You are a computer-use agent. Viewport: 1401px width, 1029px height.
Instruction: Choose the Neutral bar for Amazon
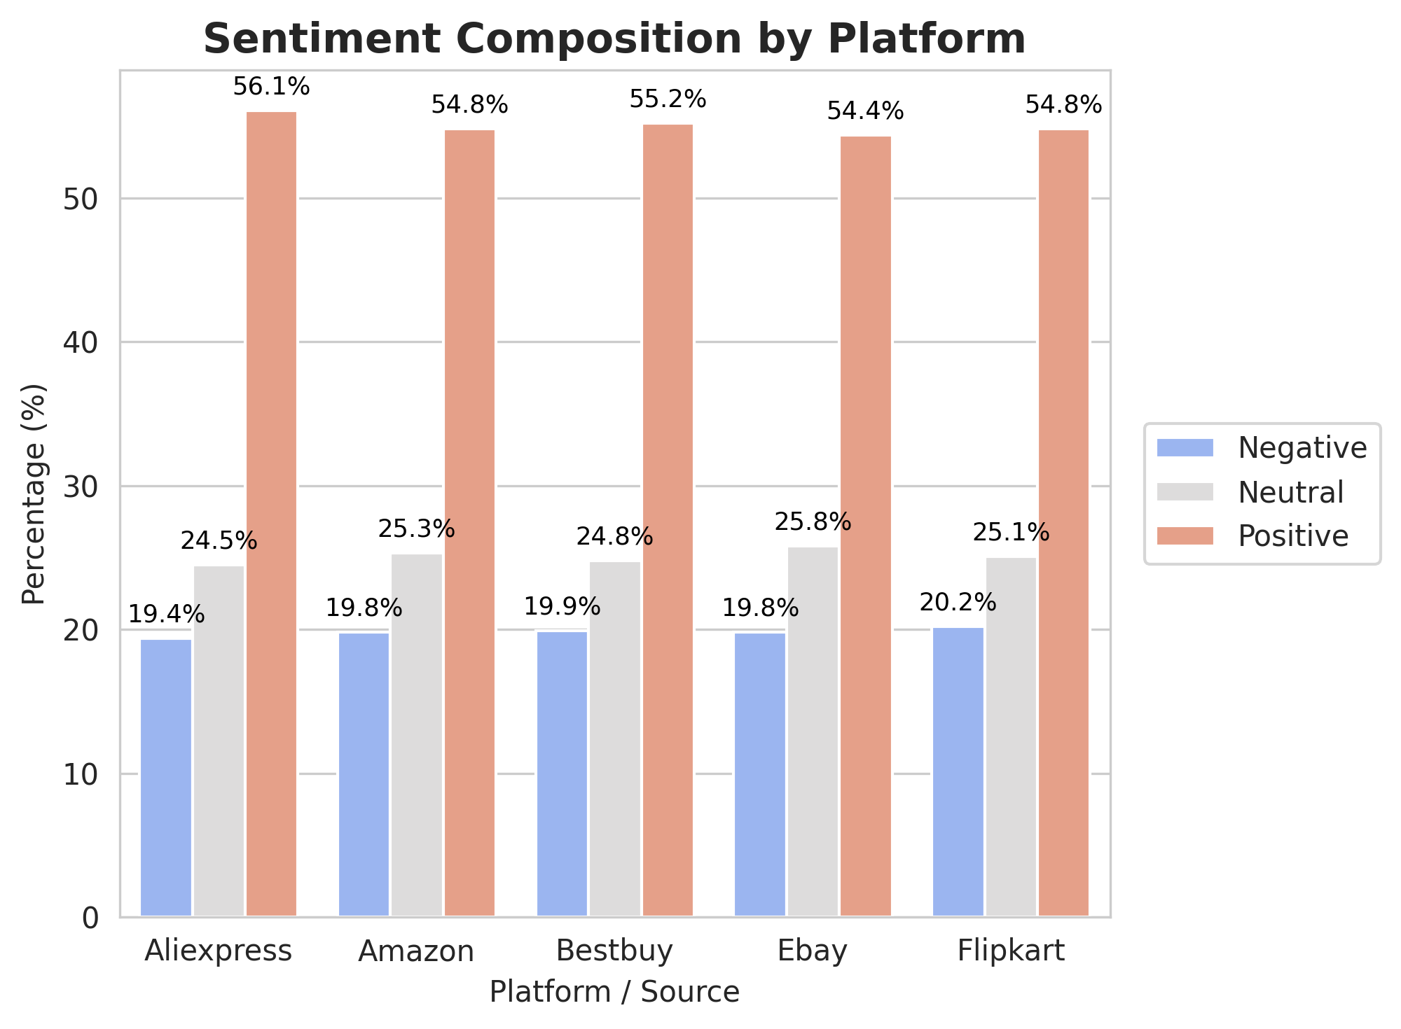(x=417, y=734)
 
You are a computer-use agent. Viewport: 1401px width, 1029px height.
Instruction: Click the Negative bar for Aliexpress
(x=166, y=777)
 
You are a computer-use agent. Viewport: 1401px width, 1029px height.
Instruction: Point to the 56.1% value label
(x=271, y=87)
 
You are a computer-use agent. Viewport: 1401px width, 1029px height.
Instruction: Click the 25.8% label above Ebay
(x=813, y=522)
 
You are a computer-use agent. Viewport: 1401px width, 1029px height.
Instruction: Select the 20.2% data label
(x=958, y=603)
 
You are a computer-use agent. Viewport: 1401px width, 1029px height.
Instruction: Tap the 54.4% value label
(x=865, y=111)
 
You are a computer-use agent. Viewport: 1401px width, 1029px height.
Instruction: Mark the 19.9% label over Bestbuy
(x=562, y=607)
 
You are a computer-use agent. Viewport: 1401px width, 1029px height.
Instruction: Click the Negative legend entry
(x=1302, y=448)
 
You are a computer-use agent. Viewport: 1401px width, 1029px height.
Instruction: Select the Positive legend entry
(x=1292, y=536)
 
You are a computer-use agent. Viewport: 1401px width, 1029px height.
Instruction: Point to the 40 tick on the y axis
(x=80, y=343)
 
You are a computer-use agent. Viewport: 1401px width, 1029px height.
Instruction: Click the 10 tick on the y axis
(x=80, y=774)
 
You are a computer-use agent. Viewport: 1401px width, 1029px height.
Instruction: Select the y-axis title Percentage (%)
(x=34, y=493)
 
